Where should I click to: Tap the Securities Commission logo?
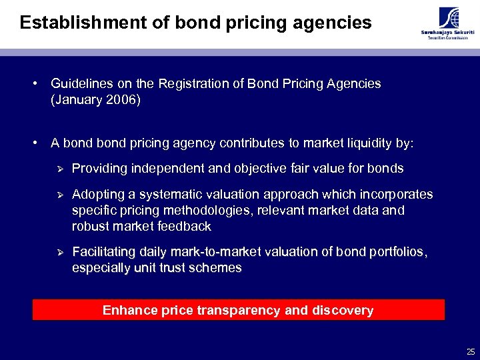click(444, 24)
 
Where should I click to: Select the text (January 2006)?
click(95, 99)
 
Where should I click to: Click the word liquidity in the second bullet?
click(357, 143)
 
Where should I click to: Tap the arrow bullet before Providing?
click(58, 169)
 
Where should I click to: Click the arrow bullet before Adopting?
click(58, 195)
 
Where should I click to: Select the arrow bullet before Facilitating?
click(58, 252)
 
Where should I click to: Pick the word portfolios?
click(393, 252)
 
